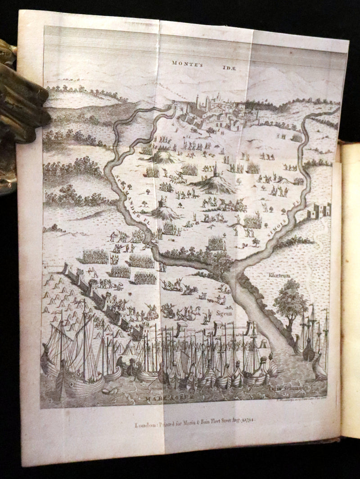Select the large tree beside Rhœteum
click(290, 299)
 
